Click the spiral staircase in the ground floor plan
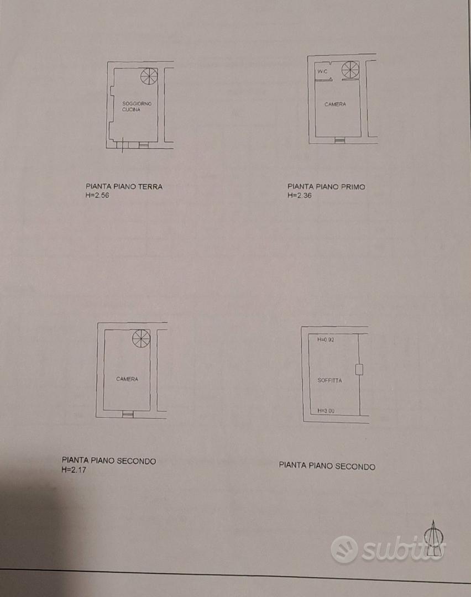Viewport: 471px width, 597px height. coord(149,76)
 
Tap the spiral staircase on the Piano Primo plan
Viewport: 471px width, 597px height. coord(350,70)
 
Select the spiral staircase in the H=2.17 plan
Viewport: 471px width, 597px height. coord(142,338)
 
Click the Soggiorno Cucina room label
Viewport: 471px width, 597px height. coord(137,107)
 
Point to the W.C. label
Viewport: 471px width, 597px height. coord(322,71)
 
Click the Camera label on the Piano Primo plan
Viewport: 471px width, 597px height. coord(335,104)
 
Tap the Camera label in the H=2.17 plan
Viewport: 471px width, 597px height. coord(127,379)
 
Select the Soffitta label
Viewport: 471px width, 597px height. coord(329,380)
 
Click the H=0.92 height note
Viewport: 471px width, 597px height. coord(326,339)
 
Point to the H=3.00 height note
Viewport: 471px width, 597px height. coord(326,411)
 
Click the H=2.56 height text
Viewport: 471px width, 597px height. coord(97,195)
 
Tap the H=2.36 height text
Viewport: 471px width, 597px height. coord(299,195)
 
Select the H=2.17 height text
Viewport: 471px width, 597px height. coord(74,470)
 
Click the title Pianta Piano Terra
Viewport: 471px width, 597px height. coord(124,187)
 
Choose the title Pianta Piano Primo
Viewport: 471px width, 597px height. coord(326,187)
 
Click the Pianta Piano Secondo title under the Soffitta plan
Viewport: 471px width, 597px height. coord(327,466)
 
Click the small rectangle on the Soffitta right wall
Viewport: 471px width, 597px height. coord(359,369)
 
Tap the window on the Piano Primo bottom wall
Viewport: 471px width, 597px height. coord(339,140)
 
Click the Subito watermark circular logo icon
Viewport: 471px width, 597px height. coord(344,549)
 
